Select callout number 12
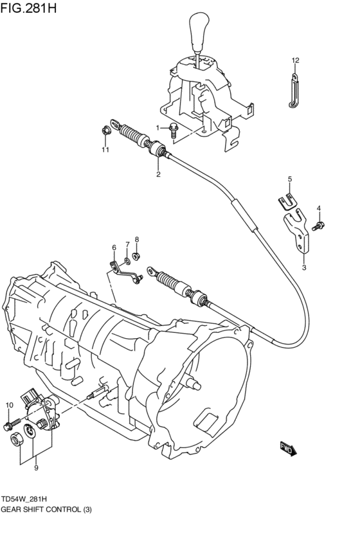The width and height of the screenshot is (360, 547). pos(295,60)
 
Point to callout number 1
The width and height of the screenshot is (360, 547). pos(157,127)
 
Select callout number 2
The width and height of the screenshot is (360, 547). pos(157,174)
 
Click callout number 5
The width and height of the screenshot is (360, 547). pos(289,179)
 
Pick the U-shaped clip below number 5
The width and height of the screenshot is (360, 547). pos(290,202)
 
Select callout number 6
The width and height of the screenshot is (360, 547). pos(114,247)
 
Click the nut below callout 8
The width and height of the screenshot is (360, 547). pos(137,258)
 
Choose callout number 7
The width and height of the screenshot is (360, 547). pos(127,244)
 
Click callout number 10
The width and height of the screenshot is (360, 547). pos(9,405)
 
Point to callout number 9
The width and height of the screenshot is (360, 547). pos(36,468)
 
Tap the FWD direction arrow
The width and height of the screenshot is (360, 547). pos(287,448)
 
